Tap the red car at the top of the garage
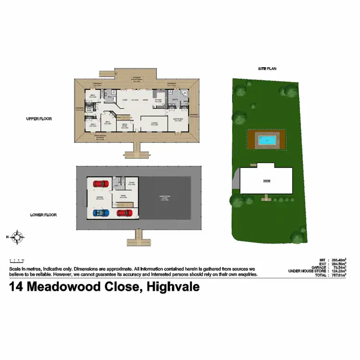coord(100,183)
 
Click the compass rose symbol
coord(18,237)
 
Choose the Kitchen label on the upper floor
coord(159,100)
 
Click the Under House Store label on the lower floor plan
coord(165,196)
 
